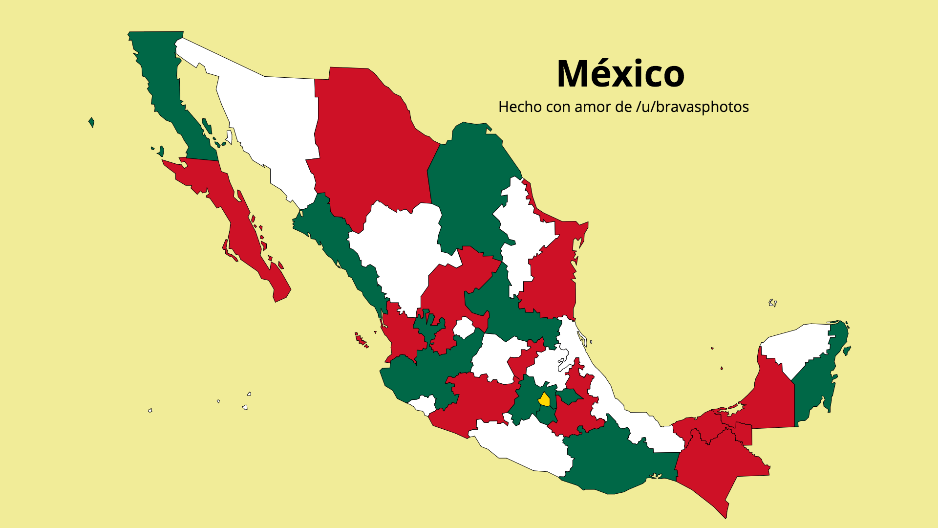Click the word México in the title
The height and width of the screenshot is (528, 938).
point(620,74)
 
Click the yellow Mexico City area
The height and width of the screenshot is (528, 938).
point(544,400)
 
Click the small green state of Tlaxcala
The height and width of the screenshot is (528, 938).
point(568,396)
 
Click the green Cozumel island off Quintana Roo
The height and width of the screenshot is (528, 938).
point(847,350)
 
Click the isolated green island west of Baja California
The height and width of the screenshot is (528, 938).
point(91,122)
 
